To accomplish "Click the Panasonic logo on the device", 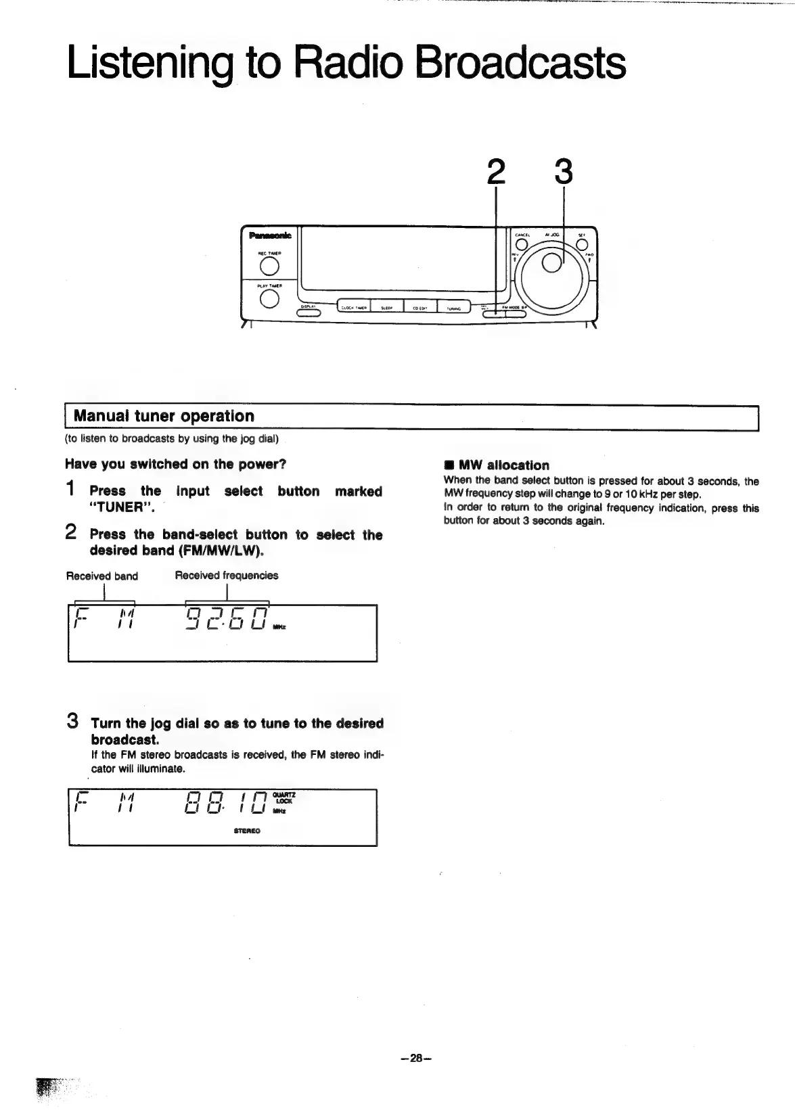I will (270, 235).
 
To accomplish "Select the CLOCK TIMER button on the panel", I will (354, 308).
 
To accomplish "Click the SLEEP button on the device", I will (387, 308).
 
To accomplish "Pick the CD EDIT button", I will (419, 308).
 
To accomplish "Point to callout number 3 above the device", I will (564, 172).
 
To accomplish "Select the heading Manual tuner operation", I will (164, 416).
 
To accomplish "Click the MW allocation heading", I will (503, 465).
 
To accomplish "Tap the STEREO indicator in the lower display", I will (246, 831).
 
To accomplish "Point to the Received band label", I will (101, 576).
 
